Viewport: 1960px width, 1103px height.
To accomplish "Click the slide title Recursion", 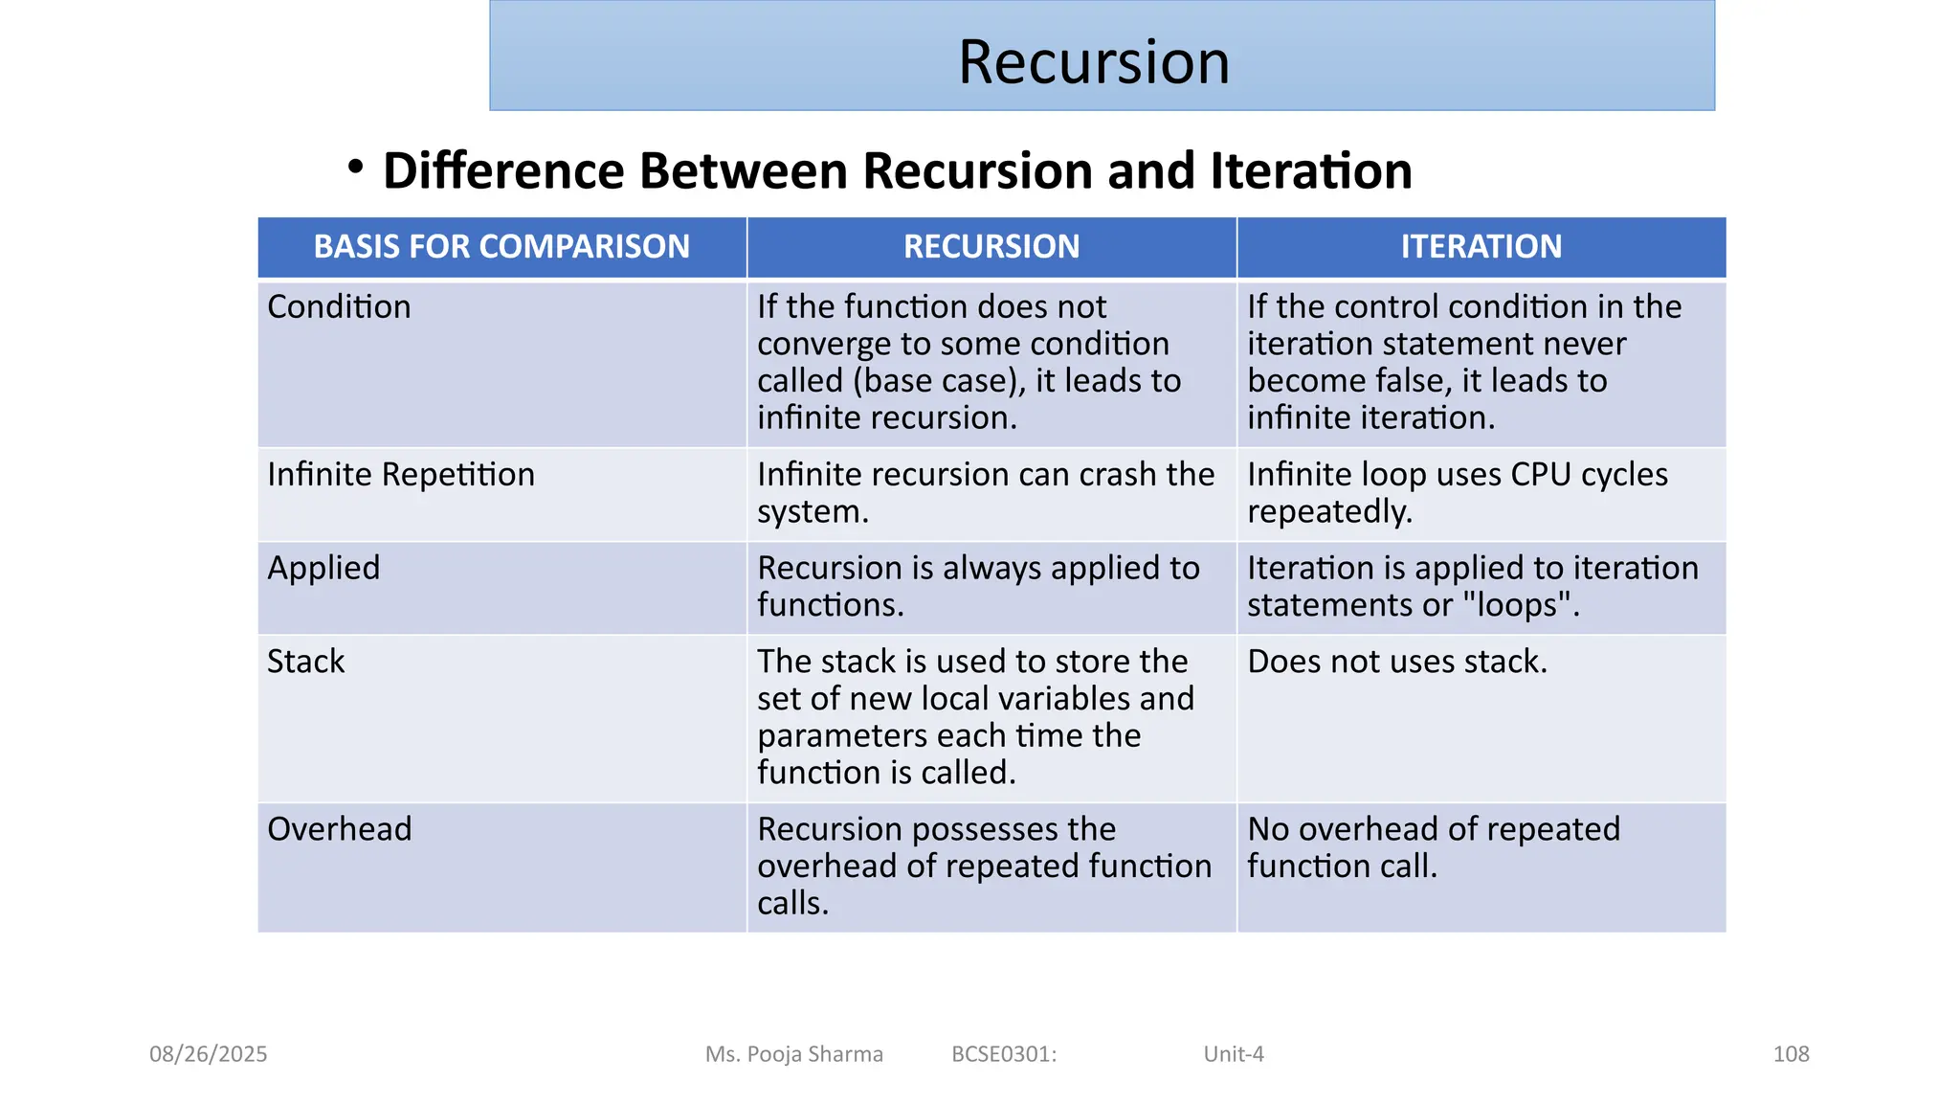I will tap(1093, 62).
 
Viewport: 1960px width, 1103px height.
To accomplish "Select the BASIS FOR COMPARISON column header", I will tap(501, 247).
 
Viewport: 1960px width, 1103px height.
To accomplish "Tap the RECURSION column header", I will tap(991, 247).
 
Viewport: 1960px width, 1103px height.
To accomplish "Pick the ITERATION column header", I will tap(1481, 247).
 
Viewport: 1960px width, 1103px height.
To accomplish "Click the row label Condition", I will tap(339, 307).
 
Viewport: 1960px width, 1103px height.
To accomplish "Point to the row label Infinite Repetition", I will tap(401, 475).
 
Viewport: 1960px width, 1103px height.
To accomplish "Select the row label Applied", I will tap(323, 568).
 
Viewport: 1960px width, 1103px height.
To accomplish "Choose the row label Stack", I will tap(305, 662).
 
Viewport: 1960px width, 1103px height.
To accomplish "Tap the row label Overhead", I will tap(339, 829).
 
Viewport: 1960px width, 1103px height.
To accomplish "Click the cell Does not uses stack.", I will tap(1396, 662).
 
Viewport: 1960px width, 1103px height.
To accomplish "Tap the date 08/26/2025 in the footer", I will tap(208, 1054).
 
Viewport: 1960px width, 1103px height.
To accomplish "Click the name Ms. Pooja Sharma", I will tap(793, 1054).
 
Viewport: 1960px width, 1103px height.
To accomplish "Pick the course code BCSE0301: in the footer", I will tap(1004, 1054).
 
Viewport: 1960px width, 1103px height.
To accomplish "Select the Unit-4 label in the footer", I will tap(1234, 1054).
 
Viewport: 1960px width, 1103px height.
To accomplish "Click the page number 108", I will tap(1791, 1054).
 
